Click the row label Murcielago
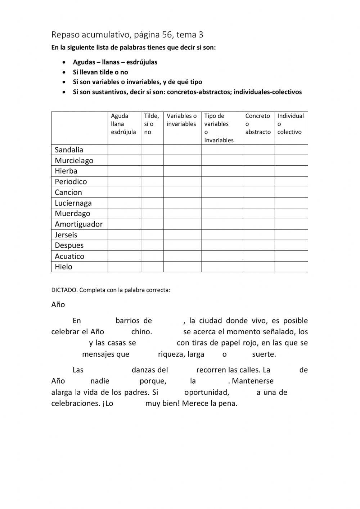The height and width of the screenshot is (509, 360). pyautogui.click(x=74, y=161)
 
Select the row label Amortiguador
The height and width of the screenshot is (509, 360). pyautogui.click(x=78, y=224)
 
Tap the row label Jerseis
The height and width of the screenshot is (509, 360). pyautogui.click(x=66, y=235)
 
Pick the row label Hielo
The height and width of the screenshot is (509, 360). pyautogui.click(x=63, y=267)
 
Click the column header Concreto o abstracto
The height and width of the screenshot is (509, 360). pyautogui.click(x=258, y=124)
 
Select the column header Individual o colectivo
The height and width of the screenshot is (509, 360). pyautogui.click(x=290, y=124)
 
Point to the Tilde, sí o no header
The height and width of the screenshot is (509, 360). pyautogui.click(x=152, y=124)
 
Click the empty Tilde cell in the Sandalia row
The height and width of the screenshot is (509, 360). pyautogui.click(x=152, y=150)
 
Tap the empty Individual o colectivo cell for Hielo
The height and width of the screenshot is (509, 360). pyautogui.click(x=291, y=267)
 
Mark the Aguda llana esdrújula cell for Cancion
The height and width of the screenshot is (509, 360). pyautogui.click(x=124, y=192)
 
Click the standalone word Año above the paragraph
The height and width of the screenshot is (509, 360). pyautogui.click(x=58, y=305)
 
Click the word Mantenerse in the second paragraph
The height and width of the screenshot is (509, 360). pyautogui.click(x=253, y=381)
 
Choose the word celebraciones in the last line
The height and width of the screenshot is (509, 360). pyautogui.click(x=75, y=403)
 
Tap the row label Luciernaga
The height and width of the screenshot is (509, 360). pyautogui.click(x=73, y=203)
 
